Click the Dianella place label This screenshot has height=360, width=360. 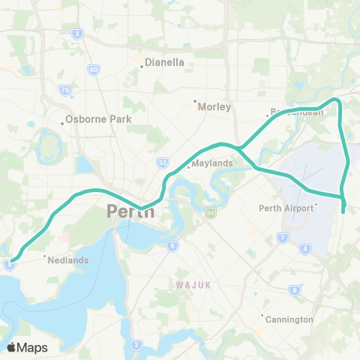[x=163, y=63]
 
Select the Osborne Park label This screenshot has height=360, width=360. [x=98, y=119]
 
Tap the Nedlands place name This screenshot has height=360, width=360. [x=67, y=260]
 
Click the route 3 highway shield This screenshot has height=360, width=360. [x=77, y=34]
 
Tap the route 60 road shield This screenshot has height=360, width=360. [x=93, y=70]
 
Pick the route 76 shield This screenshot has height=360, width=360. [x=66, y=90]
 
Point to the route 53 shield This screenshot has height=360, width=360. [x=163, y=161]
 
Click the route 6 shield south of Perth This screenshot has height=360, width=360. [x=172, y=245]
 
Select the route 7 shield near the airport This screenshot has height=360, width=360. [x=283, y=238]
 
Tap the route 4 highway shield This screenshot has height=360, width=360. [x=304, y=248]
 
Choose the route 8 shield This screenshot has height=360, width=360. [x=295, y=289]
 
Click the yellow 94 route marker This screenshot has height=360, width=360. [x=211, y=214]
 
